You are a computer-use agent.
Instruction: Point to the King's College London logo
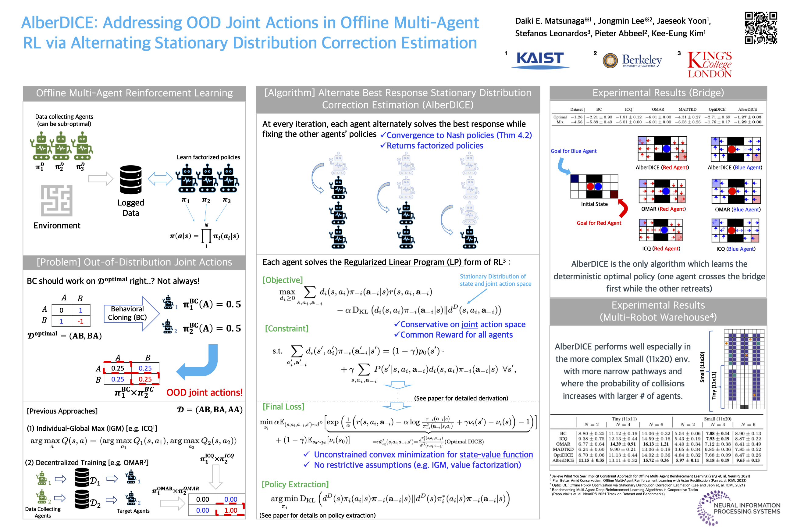pos(710,65)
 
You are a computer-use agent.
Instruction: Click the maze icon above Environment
pos(56,200)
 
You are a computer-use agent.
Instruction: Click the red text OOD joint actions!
pos(204,393)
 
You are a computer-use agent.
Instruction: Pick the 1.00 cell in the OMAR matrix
pos(231,510)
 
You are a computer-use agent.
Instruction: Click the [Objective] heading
pos(283,280)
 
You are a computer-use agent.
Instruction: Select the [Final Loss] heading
pos(283,407)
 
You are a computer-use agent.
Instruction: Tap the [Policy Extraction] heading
pos(295,484)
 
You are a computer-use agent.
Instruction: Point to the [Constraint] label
pos(286,328)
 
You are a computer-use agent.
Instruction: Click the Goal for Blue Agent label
pos(573,151)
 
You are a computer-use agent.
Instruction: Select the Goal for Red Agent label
pos(599,223)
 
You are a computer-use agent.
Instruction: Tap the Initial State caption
pos(594,204)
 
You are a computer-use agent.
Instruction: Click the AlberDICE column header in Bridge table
pos(747,109)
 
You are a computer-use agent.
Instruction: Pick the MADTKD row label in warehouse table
pos(563,449)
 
